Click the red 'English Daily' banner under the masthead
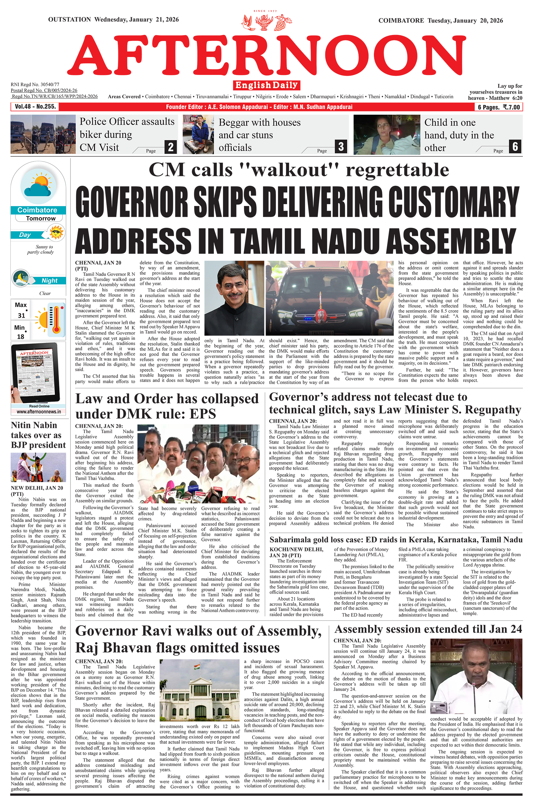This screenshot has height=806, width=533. coord(266,85)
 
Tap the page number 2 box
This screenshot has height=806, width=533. coord(171,147)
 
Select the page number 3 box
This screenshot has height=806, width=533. coord(341,147)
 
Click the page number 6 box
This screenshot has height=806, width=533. coord(515,147)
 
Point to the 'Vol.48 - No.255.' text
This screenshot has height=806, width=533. coord(35,106)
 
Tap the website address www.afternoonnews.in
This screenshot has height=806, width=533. coord(39,412)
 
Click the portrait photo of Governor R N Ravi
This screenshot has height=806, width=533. coord(234,298)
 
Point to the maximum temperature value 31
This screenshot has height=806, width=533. coord(21,315)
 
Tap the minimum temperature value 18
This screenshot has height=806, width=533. coord(20,336)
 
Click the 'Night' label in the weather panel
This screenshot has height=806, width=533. coord(50,281)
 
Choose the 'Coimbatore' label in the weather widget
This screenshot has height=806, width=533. coord(37,210)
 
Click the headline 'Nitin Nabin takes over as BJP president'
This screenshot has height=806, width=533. coord(38,435)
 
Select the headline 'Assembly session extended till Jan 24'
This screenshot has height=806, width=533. coord(428,629)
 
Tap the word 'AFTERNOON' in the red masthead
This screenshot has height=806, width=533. coord(266,55)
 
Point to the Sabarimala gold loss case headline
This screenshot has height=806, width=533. coord(396,540)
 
